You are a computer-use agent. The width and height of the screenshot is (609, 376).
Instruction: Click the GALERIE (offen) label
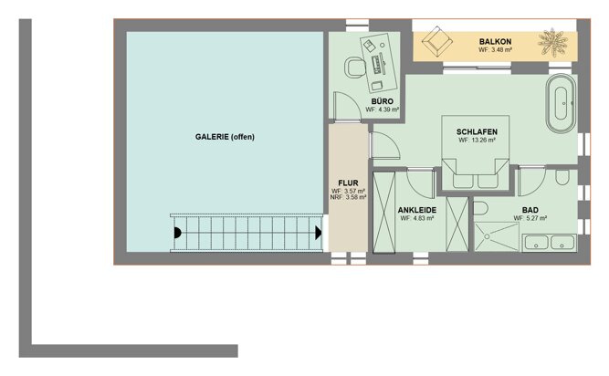225,137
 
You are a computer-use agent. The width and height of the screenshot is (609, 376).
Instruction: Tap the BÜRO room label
383,101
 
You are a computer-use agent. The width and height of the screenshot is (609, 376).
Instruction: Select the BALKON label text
495,41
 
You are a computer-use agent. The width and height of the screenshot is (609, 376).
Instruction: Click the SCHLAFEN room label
477,132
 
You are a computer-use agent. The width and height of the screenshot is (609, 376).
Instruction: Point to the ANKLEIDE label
417,210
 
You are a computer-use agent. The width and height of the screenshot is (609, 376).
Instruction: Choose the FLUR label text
348,183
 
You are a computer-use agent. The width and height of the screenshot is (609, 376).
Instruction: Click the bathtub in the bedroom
561,103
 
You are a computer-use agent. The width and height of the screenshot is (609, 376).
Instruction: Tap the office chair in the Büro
354,67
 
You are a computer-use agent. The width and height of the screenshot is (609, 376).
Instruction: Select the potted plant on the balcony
552,42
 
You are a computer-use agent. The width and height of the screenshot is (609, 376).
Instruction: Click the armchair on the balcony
437,41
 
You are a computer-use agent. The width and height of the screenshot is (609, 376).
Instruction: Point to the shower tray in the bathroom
497,236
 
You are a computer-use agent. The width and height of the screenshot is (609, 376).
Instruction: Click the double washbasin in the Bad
549,243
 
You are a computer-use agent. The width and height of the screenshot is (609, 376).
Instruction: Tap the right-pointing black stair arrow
319,233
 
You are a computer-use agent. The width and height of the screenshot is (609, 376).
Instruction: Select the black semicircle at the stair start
177,233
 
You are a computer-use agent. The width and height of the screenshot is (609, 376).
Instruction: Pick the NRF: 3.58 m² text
349,197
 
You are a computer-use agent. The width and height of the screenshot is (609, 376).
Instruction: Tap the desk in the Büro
379,63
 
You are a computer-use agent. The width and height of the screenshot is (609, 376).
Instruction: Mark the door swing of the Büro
347,106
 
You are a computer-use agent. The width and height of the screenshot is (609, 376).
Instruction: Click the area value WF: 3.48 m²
495,50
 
